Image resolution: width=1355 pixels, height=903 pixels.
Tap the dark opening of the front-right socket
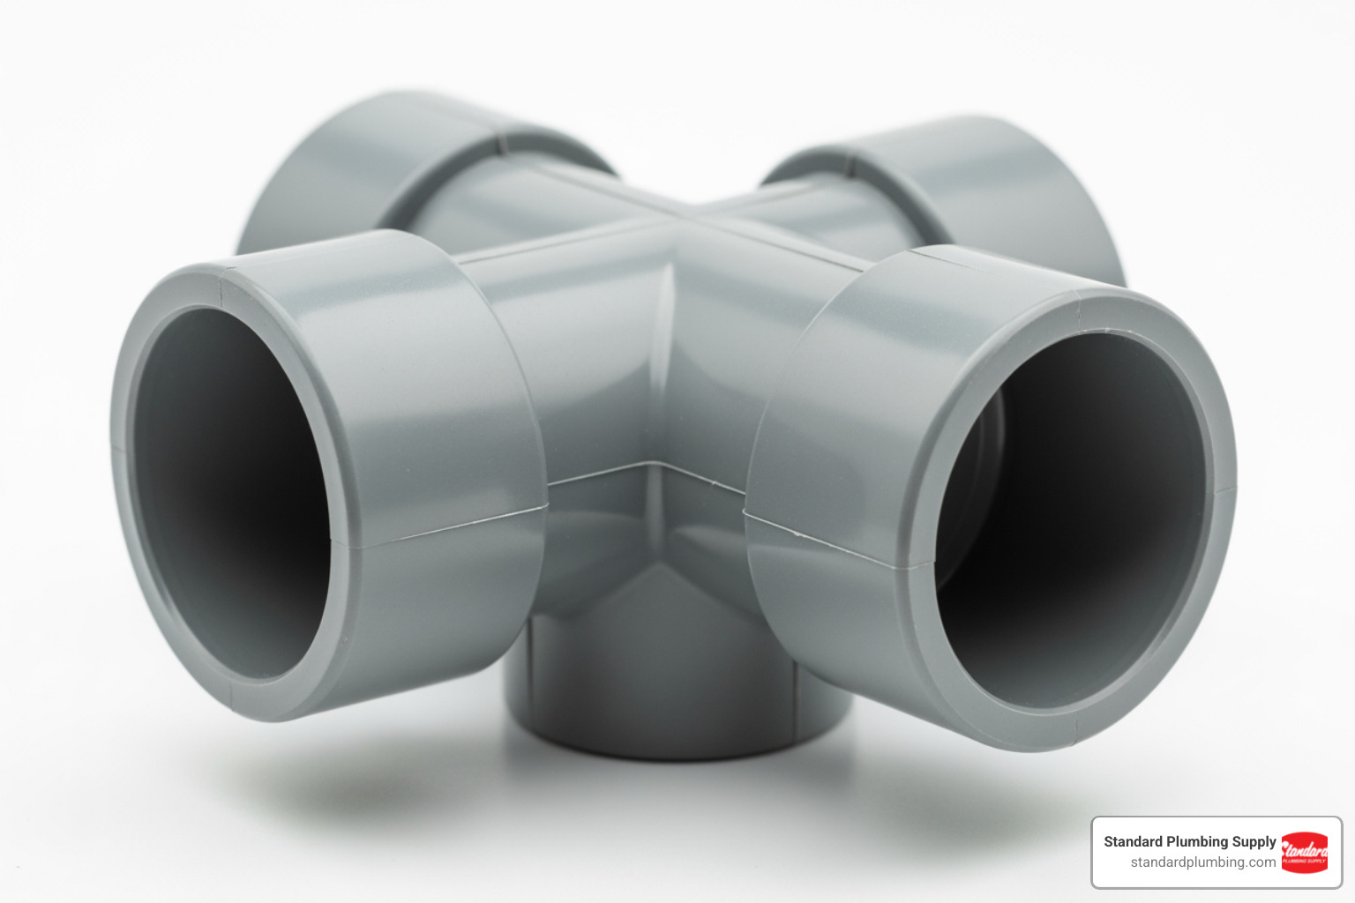click(1072, 520)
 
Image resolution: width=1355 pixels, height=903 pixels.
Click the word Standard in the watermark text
click(1133, 841)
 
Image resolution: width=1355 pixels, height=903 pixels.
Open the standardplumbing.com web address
click(1202, 862)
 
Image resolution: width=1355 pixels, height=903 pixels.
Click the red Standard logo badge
click(1304, 852)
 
